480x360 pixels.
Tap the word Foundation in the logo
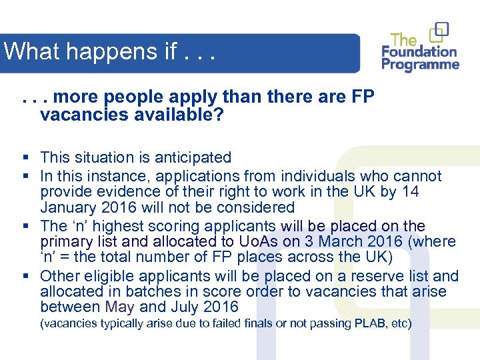tap(419, 51)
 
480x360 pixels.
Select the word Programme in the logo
tap(421, 65)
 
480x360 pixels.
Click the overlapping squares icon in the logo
tap(439, 32)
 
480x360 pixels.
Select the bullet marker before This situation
tap(24, 158)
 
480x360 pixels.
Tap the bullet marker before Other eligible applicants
tap(24, 276)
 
